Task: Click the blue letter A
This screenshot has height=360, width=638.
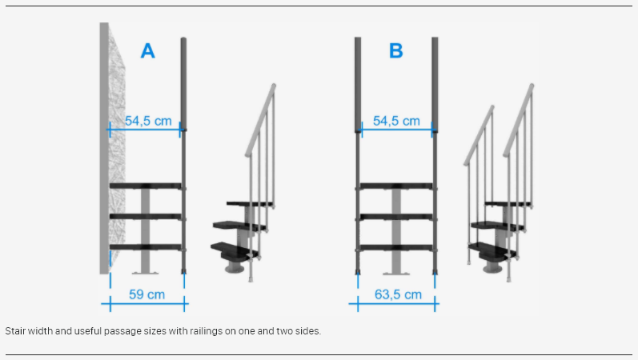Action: coord(148,51)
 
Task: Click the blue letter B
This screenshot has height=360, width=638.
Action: coord(396,51)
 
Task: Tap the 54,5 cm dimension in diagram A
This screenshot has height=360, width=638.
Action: coord(148,121)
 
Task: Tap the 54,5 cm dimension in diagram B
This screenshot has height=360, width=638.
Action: coord(396,121)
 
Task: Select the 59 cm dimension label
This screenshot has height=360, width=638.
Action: coord(146,294)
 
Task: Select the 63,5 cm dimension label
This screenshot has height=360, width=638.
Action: coord(398,294)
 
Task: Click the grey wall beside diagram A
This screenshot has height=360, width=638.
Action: coord(104,148)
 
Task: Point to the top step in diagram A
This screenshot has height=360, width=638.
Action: coord(145,186)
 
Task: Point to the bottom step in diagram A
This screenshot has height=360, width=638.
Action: coord(145,247)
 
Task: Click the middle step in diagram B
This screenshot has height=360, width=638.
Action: coord(396,217)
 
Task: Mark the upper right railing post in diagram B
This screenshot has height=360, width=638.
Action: coord(435,83)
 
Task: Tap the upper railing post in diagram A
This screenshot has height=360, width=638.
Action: coord(183,83)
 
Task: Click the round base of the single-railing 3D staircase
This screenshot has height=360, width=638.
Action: coord(235,268)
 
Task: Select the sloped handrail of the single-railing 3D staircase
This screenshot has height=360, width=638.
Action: coord(259,121)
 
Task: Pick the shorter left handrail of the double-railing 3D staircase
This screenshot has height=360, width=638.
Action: coord(479,135)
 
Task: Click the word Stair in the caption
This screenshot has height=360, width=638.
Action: coord(15,331)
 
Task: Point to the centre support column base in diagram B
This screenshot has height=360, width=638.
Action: coord(396,273)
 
